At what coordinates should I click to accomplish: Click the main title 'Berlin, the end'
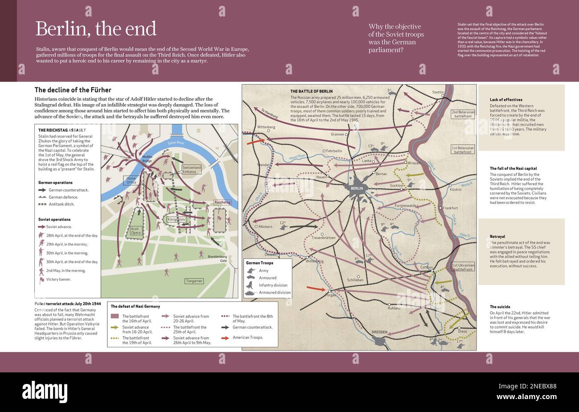pyautogui.click(x=96, y=29)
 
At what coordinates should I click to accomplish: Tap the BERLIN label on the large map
pyautogui.click(x=357, y=188)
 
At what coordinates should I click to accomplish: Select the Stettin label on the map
pyautogui.click(x=438, y=92)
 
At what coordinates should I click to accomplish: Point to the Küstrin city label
pyautogui.click(x=455, y=190)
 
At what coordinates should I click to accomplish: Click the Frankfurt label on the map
pyautogui.click(x=450, y=208)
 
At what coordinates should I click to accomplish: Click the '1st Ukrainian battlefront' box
pyautogui.click(x=463, y=267)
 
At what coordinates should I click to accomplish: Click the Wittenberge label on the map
pyautogui.click(x=266, y=127)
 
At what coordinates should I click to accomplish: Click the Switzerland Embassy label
pyautogui.click(x=192, y=169)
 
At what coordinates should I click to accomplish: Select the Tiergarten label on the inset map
pyautogui.click(x=194, y=281)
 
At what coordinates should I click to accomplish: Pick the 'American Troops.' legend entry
pyautogui.click(x=248, y=338)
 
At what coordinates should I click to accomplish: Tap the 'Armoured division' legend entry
pyautogui.click(x=275, y=293)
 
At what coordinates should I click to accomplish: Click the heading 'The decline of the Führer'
pyautogui.click(x=73, y=90)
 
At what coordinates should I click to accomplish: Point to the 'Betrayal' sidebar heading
pyautogui.click(x=497, y=237)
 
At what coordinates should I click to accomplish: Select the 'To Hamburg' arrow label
pyautogui.click(x=269, y=114)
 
